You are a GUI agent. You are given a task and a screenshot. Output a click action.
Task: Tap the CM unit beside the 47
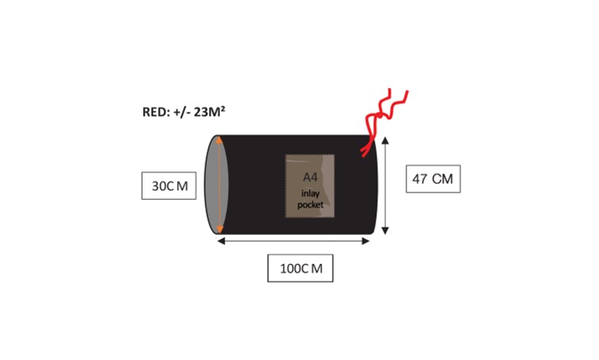tap(442, 179)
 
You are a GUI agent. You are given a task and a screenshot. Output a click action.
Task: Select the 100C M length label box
tap(300, 267)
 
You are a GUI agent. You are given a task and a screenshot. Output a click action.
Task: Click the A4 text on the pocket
tap(310, 176)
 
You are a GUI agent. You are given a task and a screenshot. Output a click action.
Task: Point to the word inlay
tap(310, 193)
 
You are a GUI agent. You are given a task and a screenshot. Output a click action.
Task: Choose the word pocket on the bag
tap(310, 205)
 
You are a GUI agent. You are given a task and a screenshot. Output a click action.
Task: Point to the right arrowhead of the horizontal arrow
tap(368, 240)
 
